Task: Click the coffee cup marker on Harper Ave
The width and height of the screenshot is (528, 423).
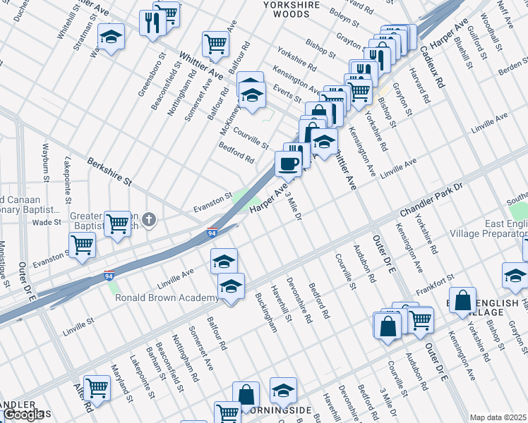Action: pyautogui.click(x=288, y=164)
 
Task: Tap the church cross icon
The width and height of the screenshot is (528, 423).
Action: pyautogui.click(x=148, y=220)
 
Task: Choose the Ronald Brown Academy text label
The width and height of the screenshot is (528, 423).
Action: pyautogui.click(x=167, y=298)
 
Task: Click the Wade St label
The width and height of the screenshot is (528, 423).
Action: pyautogui.click(x=47, y=221)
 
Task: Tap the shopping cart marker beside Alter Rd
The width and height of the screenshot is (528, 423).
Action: pyautogui.click(x=96, y=387)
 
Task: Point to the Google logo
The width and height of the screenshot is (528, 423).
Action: pyautogui.click(x=23, y=415)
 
